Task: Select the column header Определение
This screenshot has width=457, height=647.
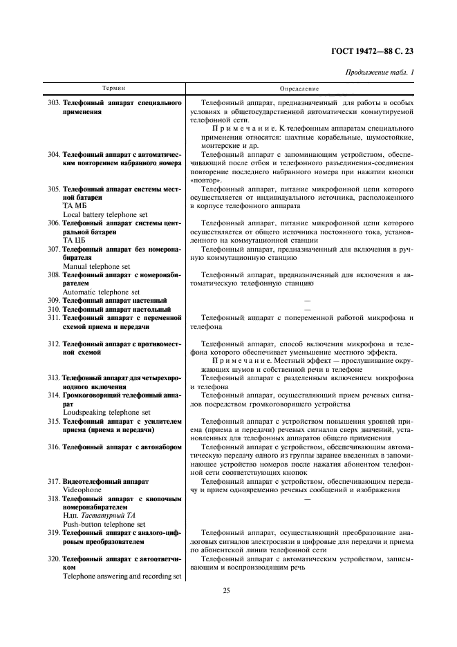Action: pos(299,89)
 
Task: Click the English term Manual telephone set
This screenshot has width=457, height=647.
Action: pos(96,266)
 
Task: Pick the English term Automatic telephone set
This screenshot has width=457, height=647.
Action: pos(101,292)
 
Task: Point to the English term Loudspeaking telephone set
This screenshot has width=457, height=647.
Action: pos(106,412)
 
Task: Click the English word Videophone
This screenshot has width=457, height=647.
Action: pos(82,489)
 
